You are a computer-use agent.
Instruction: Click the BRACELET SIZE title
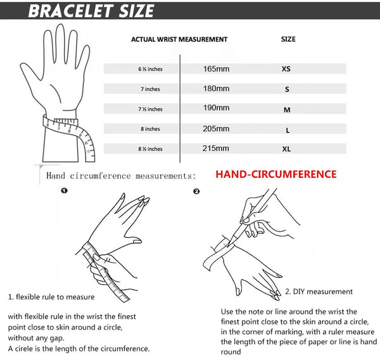tap(92, 11)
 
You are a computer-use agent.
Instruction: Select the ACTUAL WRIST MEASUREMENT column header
tap(179, 39)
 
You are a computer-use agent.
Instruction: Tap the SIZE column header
tap(288, 39)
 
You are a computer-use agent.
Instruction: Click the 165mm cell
tap(216, 68)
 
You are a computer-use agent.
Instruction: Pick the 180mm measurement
tap(216, 89)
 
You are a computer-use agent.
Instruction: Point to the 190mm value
tap(216, 108)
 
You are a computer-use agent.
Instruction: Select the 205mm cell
tap(216, 128)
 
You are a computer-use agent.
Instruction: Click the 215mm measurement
tap(216, 149)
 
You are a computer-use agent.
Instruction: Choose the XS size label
tap(286, 69)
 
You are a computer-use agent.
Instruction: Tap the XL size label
tap(286, 149)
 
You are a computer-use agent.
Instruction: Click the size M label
tap(287, 109)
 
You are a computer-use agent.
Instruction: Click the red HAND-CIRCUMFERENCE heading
tap(275, 174)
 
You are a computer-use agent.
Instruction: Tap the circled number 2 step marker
tap(196, 191)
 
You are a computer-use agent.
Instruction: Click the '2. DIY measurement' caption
tap(319, 292)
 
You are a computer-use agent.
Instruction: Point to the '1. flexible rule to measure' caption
tap(51, 297)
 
